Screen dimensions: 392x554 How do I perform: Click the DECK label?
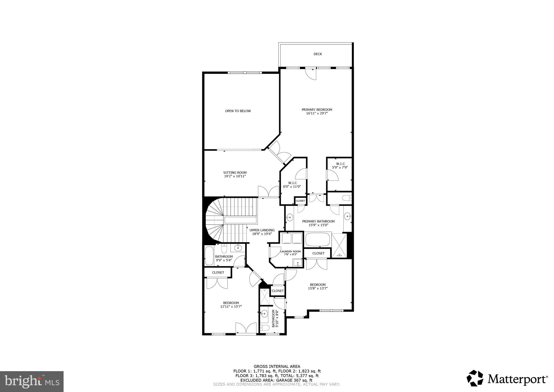click(x=318, y=54)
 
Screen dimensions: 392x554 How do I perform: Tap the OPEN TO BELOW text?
click(x=238, y=111)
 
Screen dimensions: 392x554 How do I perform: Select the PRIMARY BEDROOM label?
click(x=317, y=110)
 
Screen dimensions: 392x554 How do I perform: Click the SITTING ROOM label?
click(x=235, y=173)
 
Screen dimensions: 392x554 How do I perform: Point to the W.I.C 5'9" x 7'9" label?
click(x=340, y=164)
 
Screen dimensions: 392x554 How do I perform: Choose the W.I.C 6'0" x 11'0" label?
click(x=292, y=183)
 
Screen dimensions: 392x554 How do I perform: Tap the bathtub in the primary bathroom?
click(x=318, y=239)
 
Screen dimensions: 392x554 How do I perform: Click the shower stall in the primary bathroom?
click(x=339, y=245)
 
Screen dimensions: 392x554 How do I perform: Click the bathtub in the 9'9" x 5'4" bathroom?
click(x=209, y=256)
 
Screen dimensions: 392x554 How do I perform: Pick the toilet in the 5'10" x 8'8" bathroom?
click(x=265, y=328)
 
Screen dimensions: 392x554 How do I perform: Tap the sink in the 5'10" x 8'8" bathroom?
click(x=264, y=314)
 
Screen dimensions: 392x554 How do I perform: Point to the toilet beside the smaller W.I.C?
click(x=347, y=198)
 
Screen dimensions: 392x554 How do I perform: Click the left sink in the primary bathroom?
click(x=290, y=217)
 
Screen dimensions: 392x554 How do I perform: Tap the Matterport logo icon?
click(x=475, y=378)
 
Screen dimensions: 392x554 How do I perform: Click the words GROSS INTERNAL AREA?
click(x=277, y=367)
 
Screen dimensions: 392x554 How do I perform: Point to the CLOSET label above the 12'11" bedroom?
click(x=218, y=272)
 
